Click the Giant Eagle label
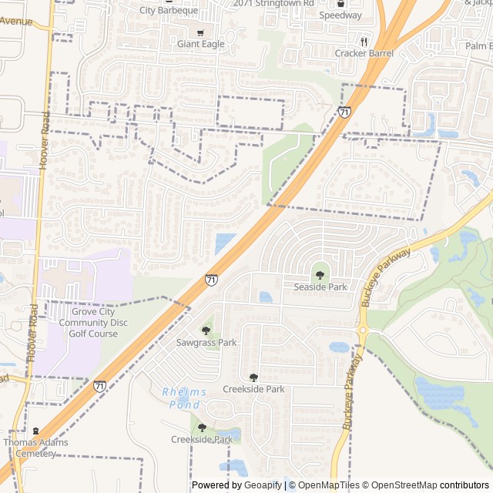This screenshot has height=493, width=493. [201, 44]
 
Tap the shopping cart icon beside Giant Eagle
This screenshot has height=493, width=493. [200, 32]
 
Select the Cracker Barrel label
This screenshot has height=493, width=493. [364, 53]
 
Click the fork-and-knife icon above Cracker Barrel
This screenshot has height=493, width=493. [364, 42]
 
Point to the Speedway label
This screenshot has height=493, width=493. [340, 15]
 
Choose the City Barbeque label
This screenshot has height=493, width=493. [169, 10]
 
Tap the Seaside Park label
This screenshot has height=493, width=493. [320, 287]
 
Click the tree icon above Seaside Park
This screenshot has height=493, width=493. [320, 275]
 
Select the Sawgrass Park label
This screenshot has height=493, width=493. [206, 342]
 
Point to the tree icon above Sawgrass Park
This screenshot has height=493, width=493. [206, 330]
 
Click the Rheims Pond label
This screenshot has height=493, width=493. [185, 398]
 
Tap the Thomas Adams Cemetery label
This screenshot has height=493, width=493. [35, 448]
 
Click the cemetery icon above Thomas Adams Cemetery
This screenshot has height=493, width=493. [35, 431]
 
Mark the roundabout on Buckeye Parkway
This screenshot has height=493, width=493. [362, 331]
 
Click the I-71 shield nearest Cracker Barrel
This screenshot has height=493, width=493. [344, 112]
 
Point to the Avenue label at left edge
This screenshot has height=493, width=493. [16, 22]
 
